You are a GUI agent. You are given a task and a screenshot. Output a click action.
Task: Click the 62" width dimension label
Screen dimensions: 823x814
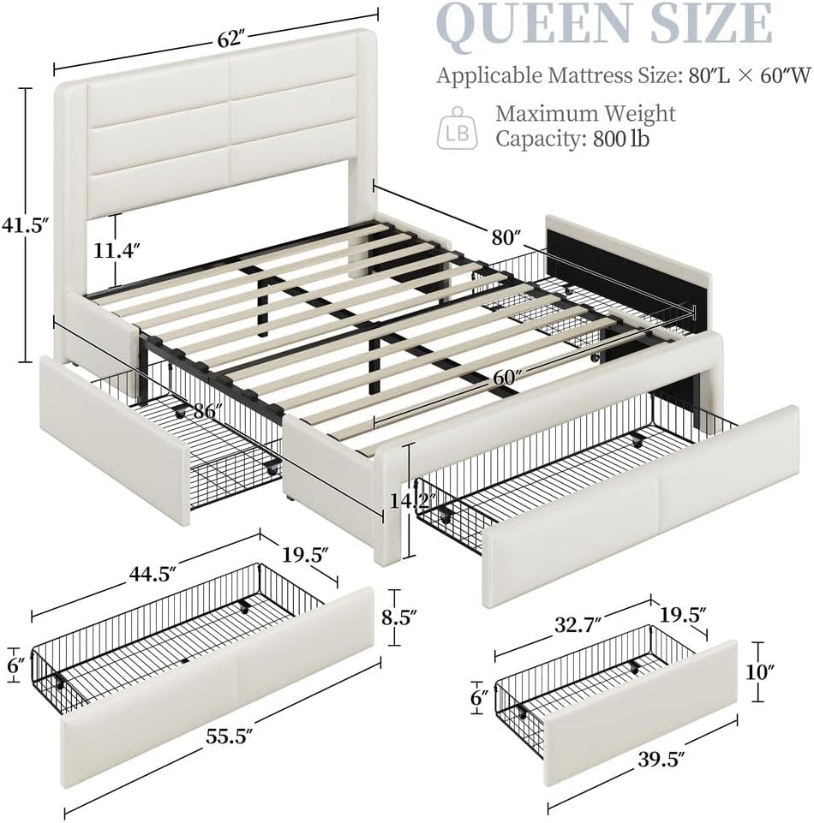(230, 38)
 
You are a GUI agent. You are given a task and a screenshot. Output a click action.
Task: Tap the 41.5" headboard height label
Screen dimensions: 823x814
(23, 226)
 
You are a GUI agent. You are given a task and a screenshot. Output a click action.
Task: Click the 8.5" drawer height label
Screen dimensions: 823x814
(400, 615)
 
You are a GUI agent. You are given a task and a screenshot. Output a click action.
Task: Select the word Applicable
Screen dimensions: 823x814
(485, 75)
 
